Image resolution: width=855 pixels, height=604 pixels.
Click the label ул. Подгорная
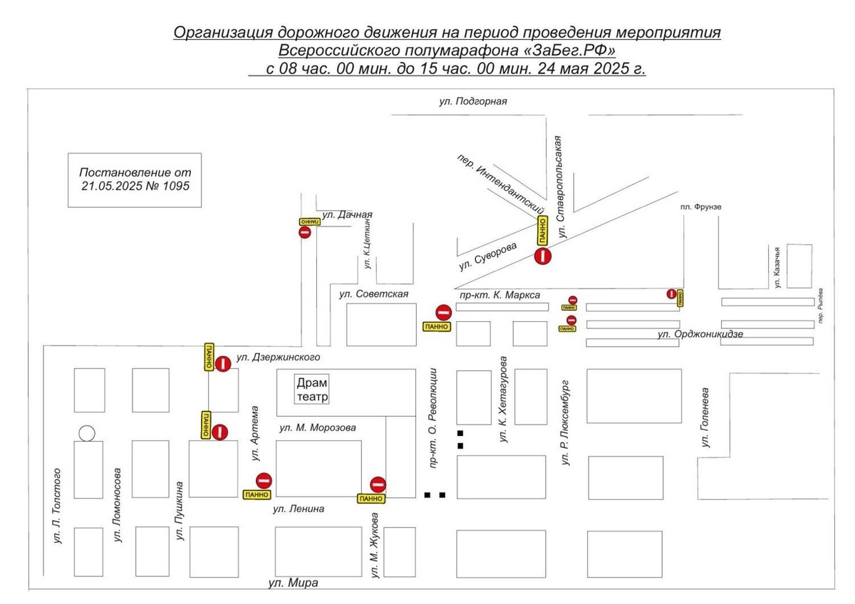pos(472,102)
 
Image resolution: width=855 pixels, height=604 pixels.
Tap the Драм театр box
pos(313,390)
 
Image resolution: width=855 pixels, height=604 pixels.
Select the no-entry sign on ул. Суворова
pos(544,255)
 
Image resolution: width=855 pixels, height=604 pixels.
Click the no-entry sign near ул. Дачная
pos(305,232)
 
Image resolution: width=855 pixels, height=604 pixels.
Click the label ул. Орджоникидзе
pos(700,333)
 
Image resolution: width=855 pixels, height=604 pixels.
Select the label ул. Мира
pos(293,583)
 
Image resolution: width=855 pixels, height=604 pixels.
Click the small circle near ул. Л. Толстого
pos(87,432)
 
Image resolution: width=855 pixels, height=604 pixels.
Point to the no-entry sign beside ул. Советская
pos(443,312)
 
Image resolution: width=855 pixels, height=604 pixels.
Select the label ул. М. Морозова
pos(317,427)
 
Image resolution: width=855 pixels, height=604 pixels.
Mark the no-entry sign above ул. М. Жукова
pos(378,484)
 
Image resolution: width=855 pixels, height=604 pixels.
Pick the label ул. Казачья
pos(778,266)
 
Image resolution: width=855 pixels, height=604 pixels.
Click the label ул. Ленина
pos(299,509)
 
